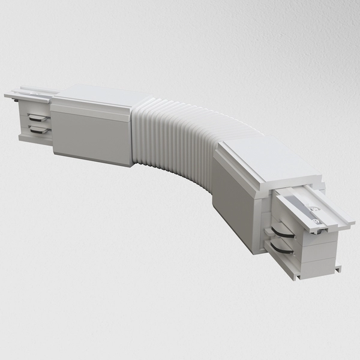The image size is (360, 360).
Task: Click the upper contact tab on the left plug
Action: [38, 117]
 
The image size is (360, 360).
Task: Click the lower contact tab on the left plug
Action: [38, 129]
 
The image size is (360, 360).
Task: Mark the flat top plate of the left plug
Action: [30, 95]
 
